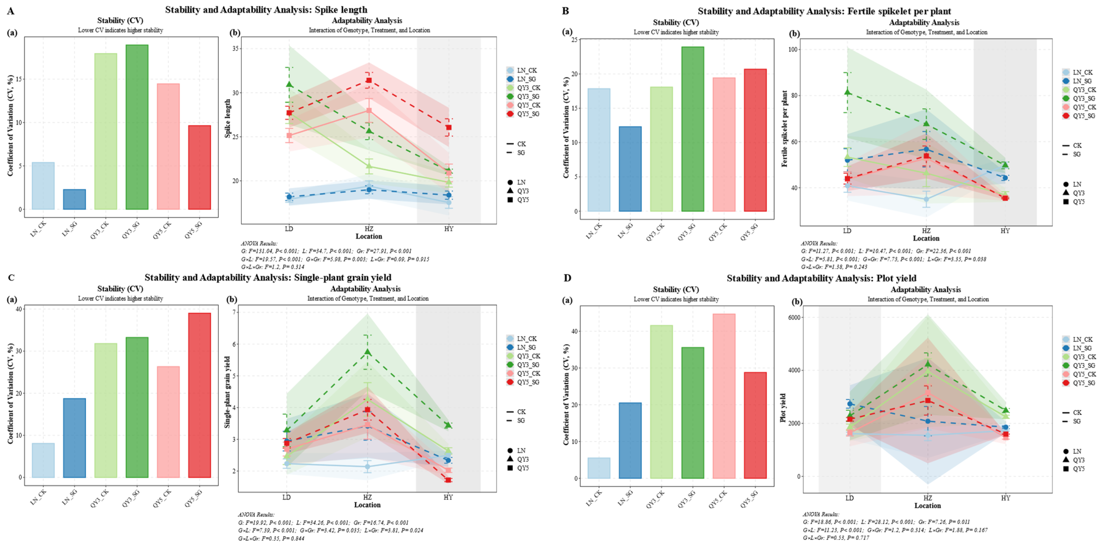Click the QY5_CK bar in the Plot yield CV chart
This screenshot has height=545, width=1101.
tap(724, 396)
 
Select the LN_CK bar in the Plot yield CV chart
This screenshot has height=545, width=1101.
tap(599, 468)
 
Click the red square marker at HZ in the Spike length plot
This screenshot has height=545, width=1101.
tap(369, 80)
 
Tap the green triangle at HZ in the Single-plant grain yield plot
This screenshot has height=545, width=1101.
tap(367, 352)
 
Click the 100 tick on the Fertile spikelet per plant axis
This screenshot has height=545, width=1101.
tap(793, 50)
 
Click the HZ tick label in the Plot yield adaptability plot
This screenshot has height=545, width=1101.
tap(927, 498)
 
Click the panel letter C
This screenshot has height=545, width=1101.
tap(11, 278)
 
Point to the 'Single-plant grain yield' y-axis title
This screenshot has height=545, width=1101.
tap(227, 392)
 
